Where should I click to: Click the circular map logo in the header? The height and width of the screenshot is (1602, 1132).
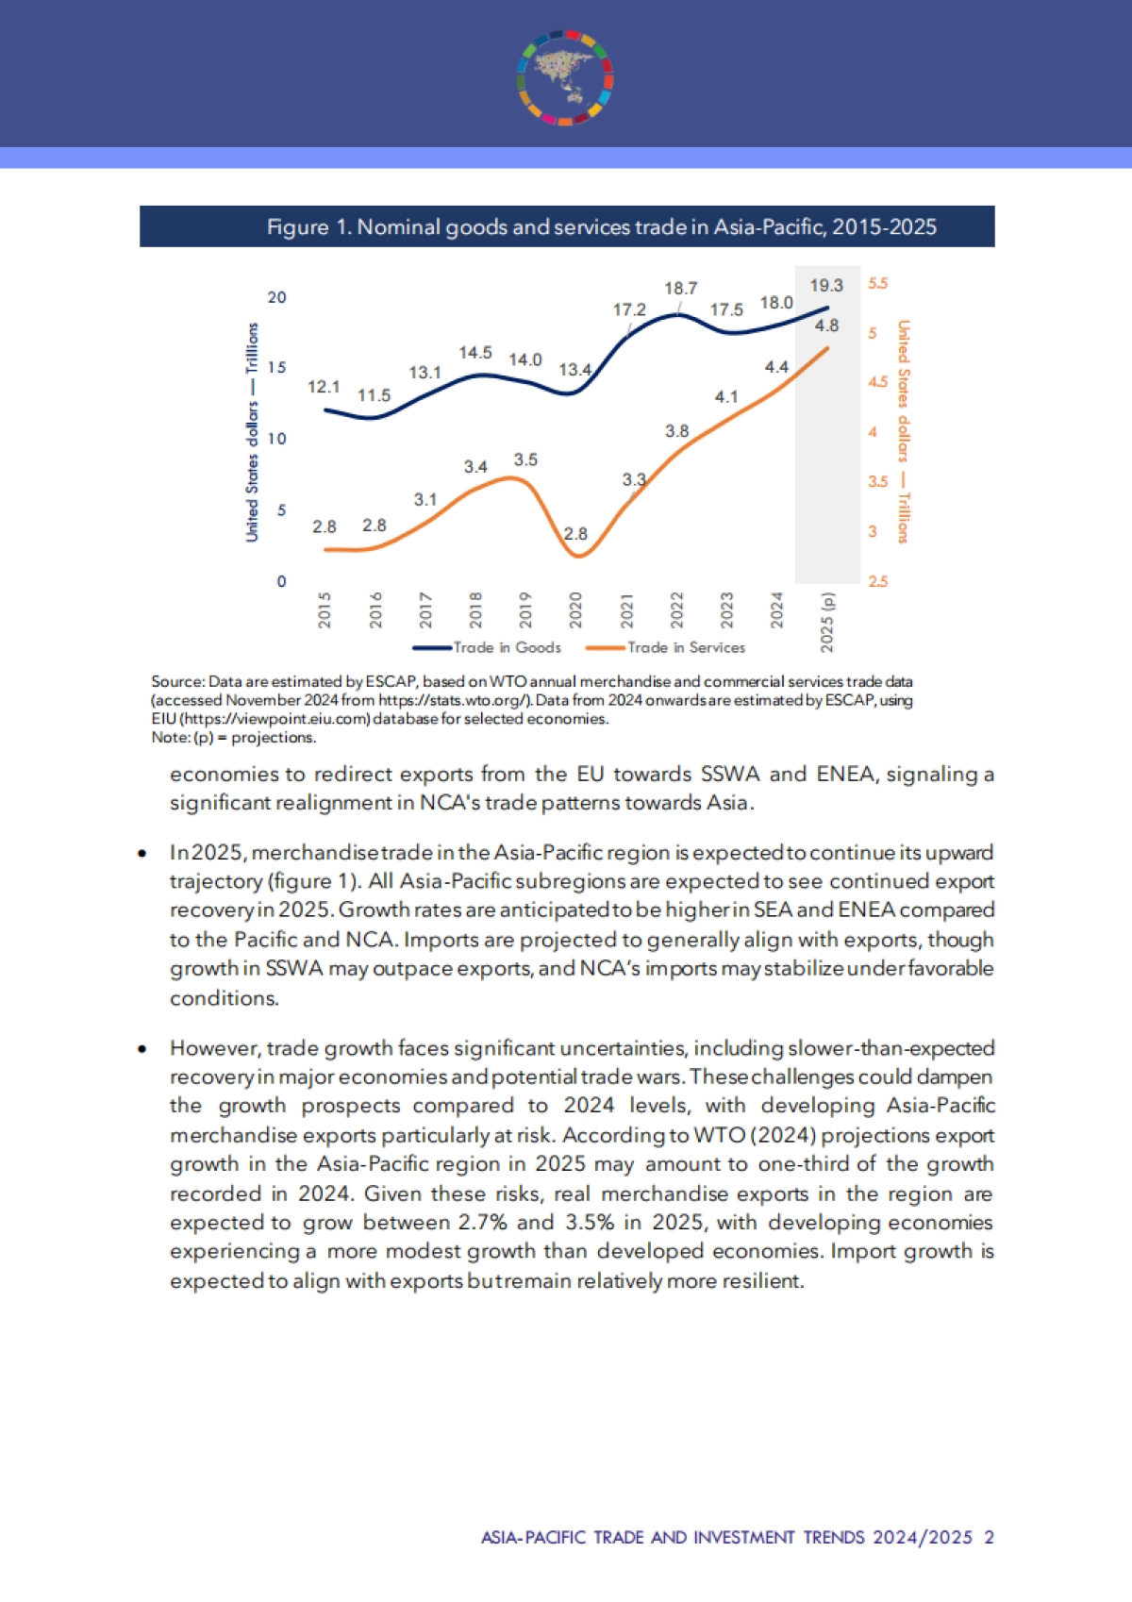point(565,77)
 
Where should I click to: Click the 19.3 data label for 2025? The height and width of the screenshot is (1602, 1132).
point(826,285)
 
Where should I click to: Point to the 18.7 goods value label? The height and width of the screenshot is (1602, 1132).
point(680,288)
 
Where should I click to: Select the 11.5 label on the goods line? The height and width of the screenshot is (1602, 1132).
point(374,395)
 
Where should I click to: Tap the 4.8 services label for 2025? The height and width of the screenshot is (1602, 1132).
point(826,325)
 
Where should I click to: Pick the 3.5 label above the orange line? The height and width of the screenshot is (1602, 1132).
point(525,459)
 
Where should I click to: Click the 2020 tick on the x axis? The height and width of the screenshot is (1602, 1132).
point(575,609)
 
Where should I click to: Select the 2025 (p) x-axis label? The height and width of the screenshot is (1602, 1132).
point(827,621)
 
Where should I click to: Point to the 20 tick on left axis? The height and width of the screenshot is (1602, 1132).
point(276,297)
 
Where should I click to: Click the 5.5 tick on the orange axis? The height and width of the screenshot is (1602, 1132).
point(877,283)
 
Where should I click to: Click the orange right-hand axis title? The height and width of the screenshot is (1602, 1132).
point(903,431)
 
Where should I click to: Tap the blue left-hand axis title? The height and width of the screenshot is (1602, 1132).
point(252,431)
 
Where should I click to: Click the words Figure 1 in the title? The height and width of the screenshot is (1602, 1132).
point(298,227)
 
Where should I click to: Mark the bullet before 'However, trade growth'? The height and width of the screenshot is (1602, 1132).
point(142,1048)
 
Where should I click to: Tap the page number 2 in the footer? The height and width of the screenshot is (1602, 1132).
point(989,1537)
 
